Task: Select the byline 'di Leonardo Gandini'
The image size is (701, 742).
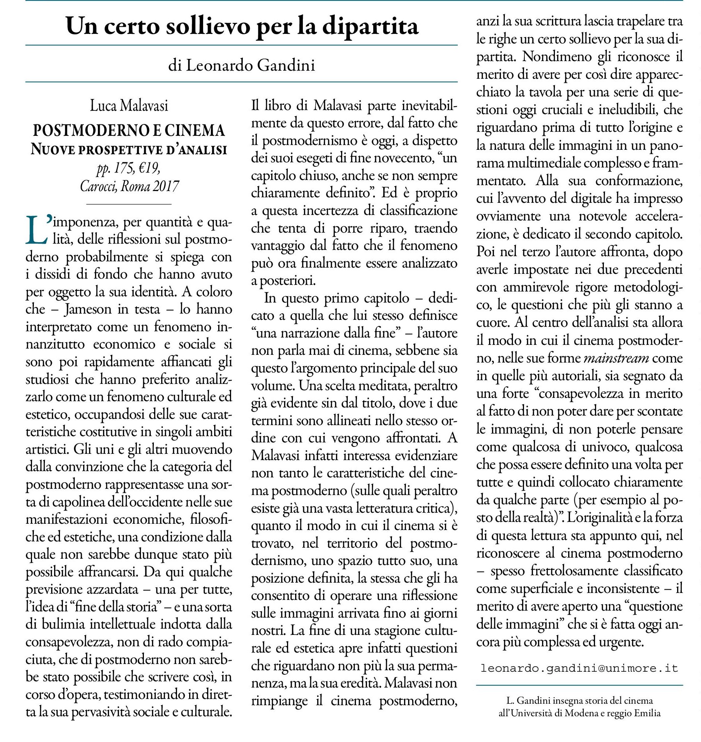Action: tap(241, 66)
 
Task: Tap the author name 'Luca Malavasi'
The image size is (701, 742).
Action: tap(129, 106)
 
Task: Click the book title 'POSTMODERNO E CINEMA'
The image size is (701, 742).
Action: tap(129, 130)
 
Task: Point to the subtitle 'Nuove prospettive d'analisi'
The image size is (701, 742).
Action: tap(129, 149)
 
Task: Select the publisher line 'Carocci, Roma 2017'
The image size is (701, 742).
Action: tap(129, 186)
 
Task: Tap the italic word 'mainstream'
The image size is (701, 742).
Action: tap(616, 358)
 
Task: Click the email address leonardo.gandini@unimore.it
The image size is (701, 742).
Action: tap(579, 668)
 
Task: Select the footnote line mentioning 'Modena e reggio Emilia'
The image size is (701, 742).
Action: tap(579, 713)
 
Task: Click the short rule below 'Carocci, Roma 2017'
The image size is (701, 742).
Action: tap(129, 204)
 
